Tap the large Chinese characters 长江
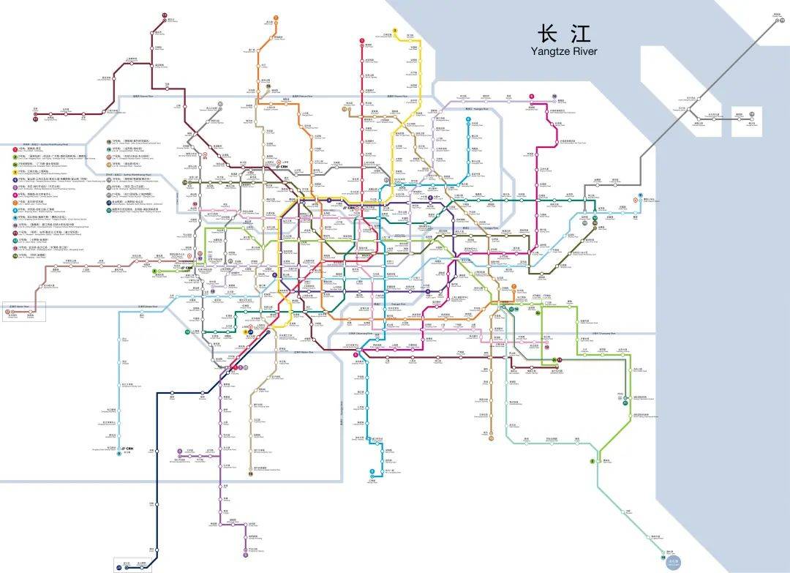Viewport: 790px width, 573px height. pos(563,34)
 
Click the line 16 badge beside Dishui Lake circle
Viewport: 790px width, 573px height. pos(663,557)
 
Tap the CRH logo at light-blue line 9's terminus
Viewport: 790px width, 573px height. pos(129,449)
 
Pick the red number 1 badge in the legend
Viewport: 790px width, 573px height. pos(15,149)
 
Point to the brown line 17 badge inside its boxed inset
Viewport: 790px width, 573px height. pos(8,312)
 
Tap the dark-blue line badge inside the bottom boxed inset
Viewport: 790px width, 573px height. pos(118,566)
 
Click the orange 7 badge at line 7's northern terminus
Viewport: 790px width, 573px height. pos(276,18)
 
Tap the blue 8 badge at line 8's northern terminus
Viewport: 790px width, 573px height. pos(467,117)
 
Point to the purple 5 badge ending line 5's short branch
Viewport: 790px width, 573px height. pos(179,451)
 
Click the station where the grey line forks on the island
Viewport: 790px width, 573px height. pos(689,109)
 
